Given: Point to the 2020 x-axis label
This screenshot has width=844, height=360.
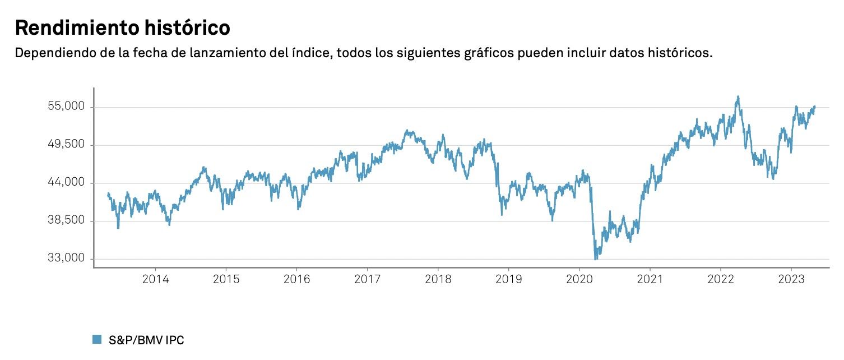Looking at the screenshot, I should coord(579,279).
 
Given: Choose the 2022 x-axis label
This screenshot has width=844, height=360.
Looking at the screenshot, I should coord(721,279).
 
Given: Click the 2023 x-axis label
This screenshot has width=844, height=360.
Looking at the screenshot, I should coord(791,279).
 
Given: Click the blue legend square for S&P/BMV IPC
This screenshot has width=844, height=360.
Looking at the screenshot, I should coord(97,339).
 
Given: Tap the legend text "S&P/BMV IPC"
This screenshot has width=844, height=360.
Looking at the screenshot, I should coord(146,340).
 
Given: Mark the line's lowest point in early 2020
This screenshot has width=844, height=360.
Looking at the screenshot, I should coord(595,259).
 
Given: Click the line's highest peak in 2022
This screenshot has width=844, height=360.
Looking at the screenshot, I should coord(738,96).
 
